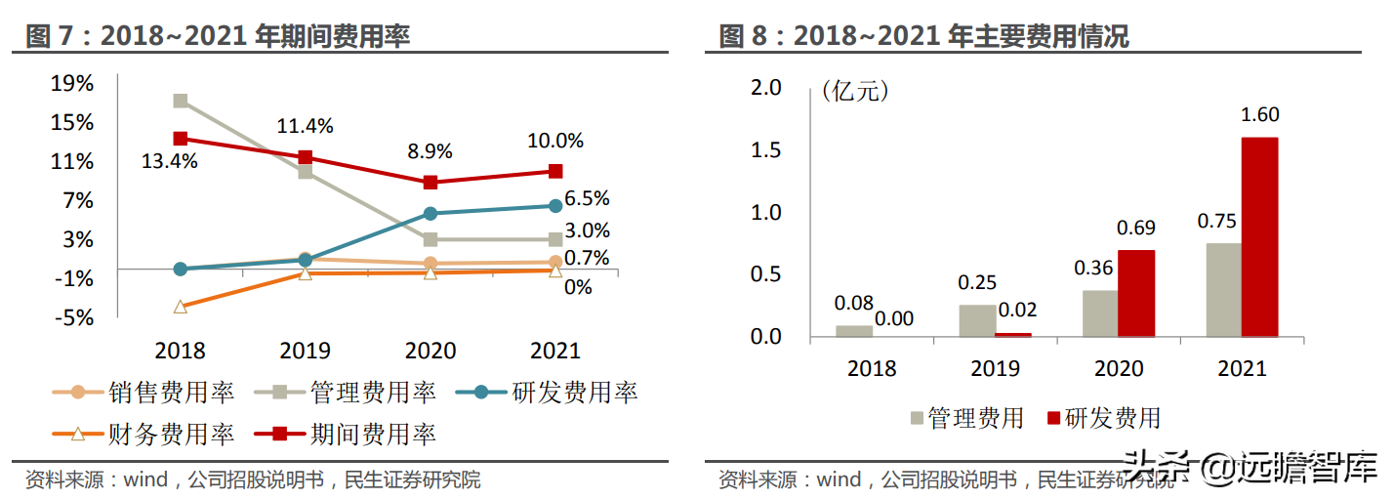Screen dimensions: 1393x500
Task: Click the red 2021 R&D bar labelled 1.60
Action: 1260,237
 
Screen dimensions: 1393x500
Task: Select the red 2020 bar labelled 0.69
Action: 1136,294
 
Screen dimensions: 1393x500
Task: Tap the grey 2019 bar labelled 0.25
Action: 977,321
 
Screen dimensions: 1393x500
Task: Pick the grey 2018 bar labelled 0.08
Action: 854,331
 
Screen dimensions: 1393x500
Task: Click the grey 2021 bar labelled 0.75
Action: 1224,290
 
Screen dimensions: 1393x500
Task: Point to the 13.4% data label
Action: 169,162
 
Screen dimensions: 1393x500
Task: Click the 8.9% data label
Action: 430,151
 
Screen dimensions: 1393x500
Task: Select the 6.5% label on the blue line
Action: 587,198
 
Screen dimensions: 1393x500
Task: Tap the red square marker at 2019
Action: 305,156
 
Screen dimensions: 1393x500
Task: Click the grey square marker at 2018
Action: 181,101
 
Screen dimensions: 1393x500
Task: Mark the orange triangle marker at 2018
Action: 181,307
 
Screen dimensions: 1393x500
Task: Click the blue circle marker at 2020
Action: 430,214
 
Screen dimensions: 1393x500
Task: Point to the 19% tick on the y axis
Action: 72,83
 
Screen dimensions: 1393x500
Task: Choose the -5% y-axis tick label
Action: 74,317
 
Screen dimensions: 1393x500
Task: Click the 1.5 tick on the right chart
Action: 765,149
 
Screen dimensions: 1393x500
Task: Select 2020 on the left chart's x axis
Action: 430,351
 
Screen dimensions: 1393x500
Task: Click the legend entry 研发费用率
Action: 548,393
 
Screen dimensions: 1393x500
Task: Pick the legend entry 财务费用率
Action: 143,434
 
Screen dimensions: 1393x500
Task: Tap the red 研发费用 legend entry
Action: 1104,418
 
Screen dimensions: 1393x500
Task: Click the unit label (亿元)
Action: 855,92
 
